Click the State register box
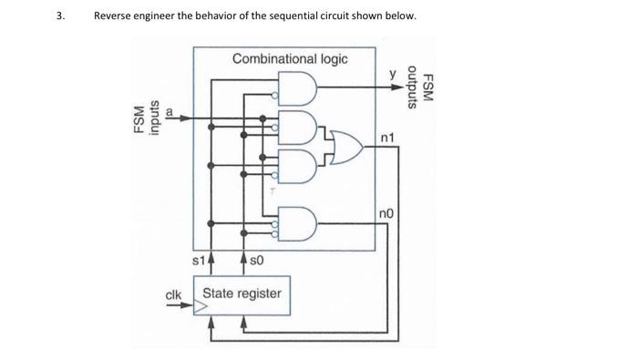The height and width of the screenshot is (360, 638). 242,294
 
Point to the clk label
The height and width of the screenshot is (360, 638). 173,293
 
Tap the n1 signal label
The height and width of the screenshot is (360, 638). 390,138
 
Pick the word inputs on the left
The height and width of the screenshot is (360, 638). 154,117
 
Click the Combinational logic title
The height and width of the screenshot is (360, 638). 290,59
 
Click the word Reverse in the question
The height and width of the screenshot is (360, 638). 117,16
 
